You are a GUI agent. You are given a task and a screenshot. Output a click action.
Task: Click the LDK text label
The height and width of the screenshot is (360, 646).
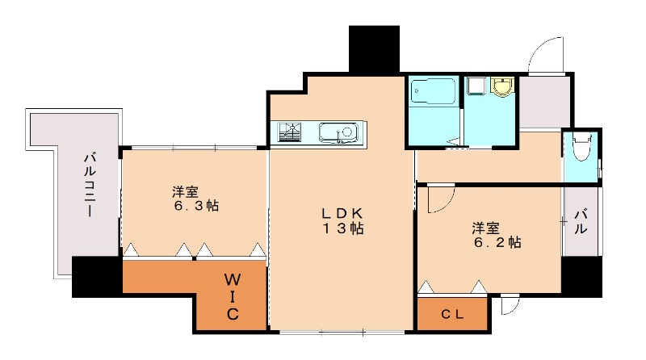coord(343,213)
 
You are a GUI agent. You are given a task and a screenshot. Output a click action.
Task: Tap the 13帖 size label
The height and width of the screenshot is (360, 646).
coord(343,228)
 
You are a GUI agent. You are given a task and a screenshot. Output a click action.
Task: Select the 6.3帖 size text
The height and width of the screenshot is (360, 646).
coord(195,206)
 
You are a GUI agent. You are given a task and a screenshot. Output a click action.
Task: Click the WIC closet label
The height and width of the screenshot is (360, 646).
coord(231,297)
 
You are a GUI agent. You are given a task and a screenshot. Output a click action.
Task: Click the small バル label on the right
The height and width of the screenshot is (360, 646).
coord(581,221)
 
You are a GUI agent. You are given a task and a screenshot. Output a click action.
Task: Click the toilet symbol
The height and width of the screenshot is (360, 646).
coord(580,148)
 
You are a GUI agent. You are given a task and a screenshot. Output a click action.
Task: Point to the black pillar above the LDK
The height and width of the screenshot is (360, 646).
coord(375,48)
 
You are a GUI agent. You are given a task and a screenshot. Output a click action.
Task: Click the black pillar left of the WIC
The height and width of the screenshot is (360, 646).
coord(96,277)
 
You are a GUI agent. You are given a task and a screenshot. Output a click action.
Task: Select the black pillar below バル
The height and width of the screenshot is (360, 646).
coord(581,277)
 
